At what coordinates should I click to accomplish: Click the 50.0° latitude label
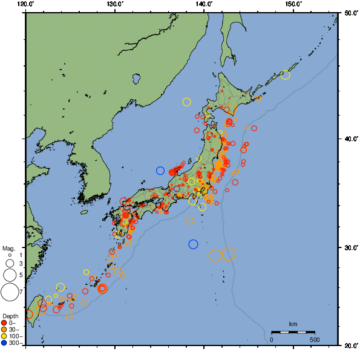[350, 12]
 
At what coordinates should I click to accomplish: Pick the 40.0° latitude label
[350, 139]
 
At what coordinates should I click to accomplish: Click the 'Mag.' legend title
[8, 248]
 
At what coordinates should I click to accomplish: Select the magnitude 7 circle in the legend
[9, 292]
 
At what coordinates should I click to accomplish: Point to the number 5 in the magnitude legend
[20, 275]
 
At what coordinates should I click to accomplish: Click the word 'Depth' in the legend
[10, 316]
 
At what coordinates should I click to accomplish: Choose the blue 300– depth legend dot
[4, 343]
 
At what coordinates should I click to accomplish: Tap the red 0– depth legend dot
[4, 323]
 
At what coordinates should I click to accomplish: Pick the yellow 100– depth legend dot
[4, 336]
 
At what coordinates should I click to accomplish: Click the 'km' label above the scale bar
[293, 324]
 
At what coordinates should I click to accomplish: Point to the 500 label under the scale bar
[315, 339]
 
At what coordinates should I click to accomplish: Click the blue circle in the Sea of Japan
[160, 171]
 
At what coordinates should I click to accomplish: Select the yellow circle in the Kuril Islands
[286, 75]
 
